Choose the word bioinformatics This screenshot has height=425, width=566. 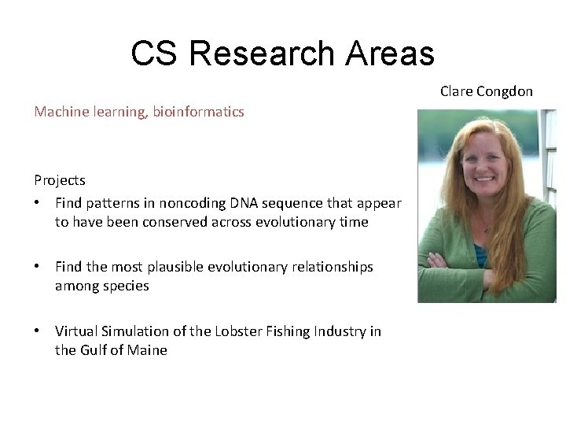pos(200,112)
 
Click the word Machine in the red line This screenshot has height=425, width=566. pos(57,112)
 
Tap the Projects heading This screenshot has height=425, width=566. pos(60,180)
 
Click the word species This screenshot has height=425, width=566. pos(125,286)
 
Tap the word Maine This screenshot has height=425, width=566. pos(147,350)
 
